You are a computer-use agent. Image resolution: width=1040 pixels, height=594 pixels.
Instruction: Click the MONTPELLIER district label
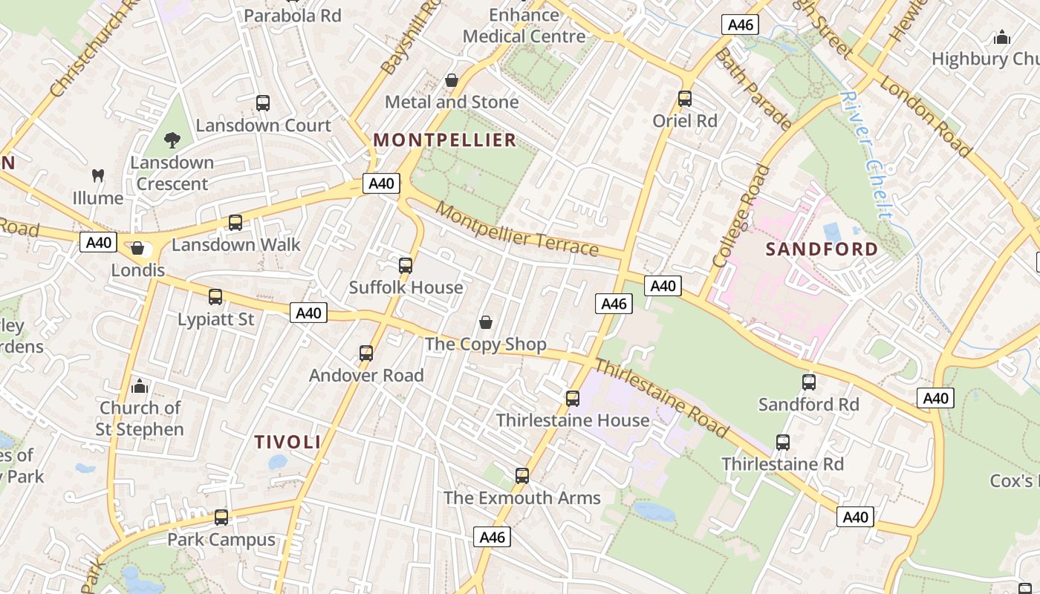[444, 140]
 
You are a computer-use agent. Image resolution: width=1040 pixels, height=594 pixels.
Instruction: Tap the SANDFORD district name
[822, 249]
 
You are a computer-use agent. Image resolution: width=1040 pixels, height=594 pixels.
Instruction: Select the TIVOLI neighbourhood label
[287, 443]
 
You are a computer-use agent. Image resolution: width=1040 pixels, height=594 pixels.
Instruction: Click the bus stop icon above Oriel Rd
[685, 99]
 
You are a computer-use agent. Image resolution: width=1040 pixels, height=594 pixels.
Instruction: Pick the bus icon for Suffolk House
[406, 266]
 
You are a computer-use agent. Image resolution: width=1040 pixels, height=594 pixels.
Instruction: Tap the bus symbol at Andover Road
[366, 353]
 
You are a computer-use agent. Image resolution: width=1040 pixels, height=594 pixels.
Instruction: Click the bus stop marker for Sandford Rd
[809, 382]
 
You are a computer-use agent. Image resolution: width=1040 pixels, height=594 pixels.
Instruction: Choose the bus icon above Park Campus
[221, 518]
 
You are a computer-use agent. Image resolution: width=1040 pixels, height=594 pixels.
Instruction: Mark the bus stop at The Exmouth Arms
[522, 476]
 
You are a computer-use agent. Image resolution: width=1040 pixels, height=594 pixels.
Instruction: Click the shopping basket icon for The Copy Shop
[486, 322]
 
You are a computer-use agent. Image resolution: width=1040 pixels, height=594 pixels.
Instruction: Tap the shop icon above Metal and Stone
[452, 80]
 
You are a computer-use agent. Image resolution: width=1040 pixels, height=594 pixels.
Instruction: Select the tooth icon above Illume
[97, 176]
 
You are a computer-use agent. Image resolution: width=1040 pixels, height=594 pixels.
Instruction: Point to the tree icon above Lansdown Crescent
[172, 140]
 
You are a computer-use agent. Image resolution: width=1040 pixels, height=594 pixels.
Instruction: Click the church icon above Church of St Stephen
[140, 386]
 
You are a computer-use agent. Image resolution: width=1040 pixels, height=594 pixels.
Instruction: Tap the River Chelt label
[866, 156]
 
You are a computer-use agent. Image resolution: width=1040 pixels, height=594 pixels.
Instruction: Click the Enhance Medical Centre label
[524, 25]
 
